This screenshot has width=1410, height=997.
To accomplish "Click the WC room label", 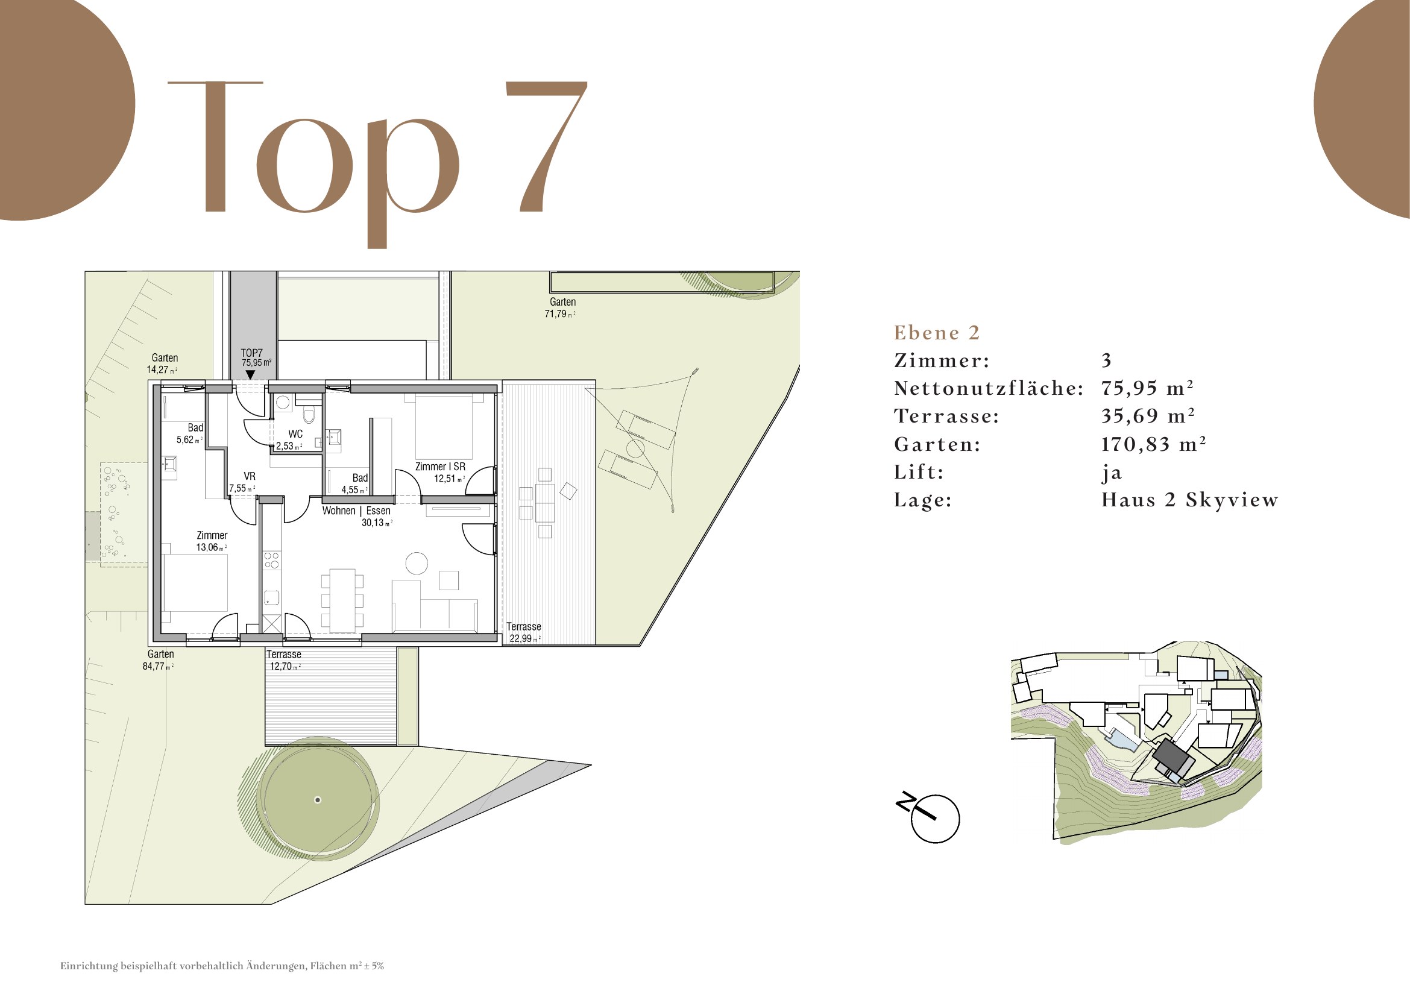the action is coord(295,434).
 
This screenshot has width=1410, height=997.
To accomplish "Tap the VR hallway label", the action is coord(250,476).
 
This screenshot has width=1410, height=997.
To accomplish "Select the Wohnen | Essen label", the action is coord(356,511).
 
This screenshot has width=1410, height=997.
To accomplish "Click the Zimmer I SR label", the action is coord(440,467).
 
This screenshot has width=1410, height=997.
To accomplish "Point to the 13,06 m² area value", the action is coord(211,547).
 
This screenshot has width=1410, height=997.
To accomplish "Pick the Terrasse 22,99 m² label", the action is coord(524,632).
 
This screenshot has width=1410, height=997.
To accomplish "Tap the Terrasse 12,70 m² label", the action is coord(285,660).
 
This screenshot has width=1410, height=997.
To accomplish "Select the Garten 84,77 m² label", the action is coord(159,660).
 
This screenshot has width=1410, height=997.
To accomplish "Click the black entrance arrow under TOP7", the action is coord(250,374).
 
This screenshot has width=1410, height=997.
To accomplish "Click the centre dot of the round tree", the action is coord(318,800).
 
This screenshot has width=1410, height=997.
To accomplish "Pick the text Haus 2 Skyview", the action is coord(1189,500).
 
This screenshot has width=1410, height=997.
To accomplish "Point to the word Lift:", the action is coord(919,472).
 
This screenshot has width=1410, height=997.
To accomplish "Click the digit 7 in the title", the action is coord(546,146).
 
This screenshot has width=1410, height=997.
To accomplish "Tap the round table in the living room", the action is coord(417,564).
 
